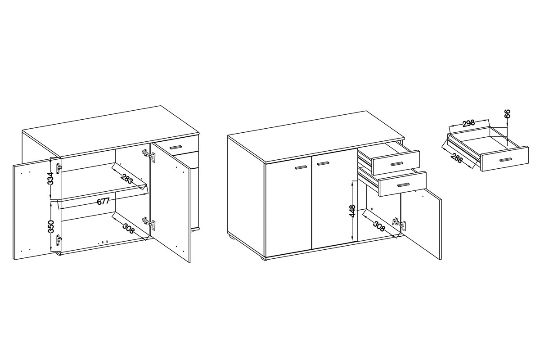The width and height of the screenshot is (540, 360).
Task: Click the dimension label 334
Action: click(x=50, y=178)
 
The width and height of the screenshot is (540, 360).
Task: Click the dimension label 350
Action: click(x=51, y=226)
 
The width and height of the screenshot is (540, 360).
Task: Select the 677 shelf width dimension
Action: click(x=103, y=201)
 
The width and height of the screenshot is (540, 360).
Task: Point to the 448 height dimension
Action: click(x=353, y=211)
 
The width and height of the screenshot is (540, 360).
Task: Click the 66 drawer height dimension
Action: click(x=507, y=113)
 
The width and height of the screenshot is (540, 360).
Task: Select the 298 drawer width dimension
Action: click(x=468, y=123)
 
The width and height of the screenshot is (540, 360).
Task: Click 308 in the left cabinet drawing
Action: click(x=128, y=229)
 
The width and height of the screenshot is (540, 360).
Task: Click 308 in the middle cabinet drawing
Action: click(x=379, y=226)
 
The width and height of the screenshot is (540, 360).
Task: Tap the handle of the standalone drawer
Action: click(x=505, y=159)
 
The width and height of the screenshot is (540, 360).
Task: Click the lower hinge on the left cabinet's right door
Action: click(x=148, y=223)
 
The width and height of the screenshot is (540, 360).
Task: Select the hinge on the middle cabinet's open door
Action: click(x=399, y=225)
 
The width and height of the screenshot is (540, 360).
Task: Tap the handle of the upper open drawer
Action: click(x=396, y=164)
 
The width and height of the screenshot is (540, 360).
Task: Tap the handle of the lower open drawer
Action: click(x=403, y=184)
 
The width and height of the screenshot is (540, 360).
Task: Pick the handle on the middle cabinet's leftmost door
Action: click(x=301, y=167)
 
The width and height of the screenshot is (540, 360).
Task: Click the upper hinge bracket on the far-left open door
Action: click(x=59, y=168)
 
